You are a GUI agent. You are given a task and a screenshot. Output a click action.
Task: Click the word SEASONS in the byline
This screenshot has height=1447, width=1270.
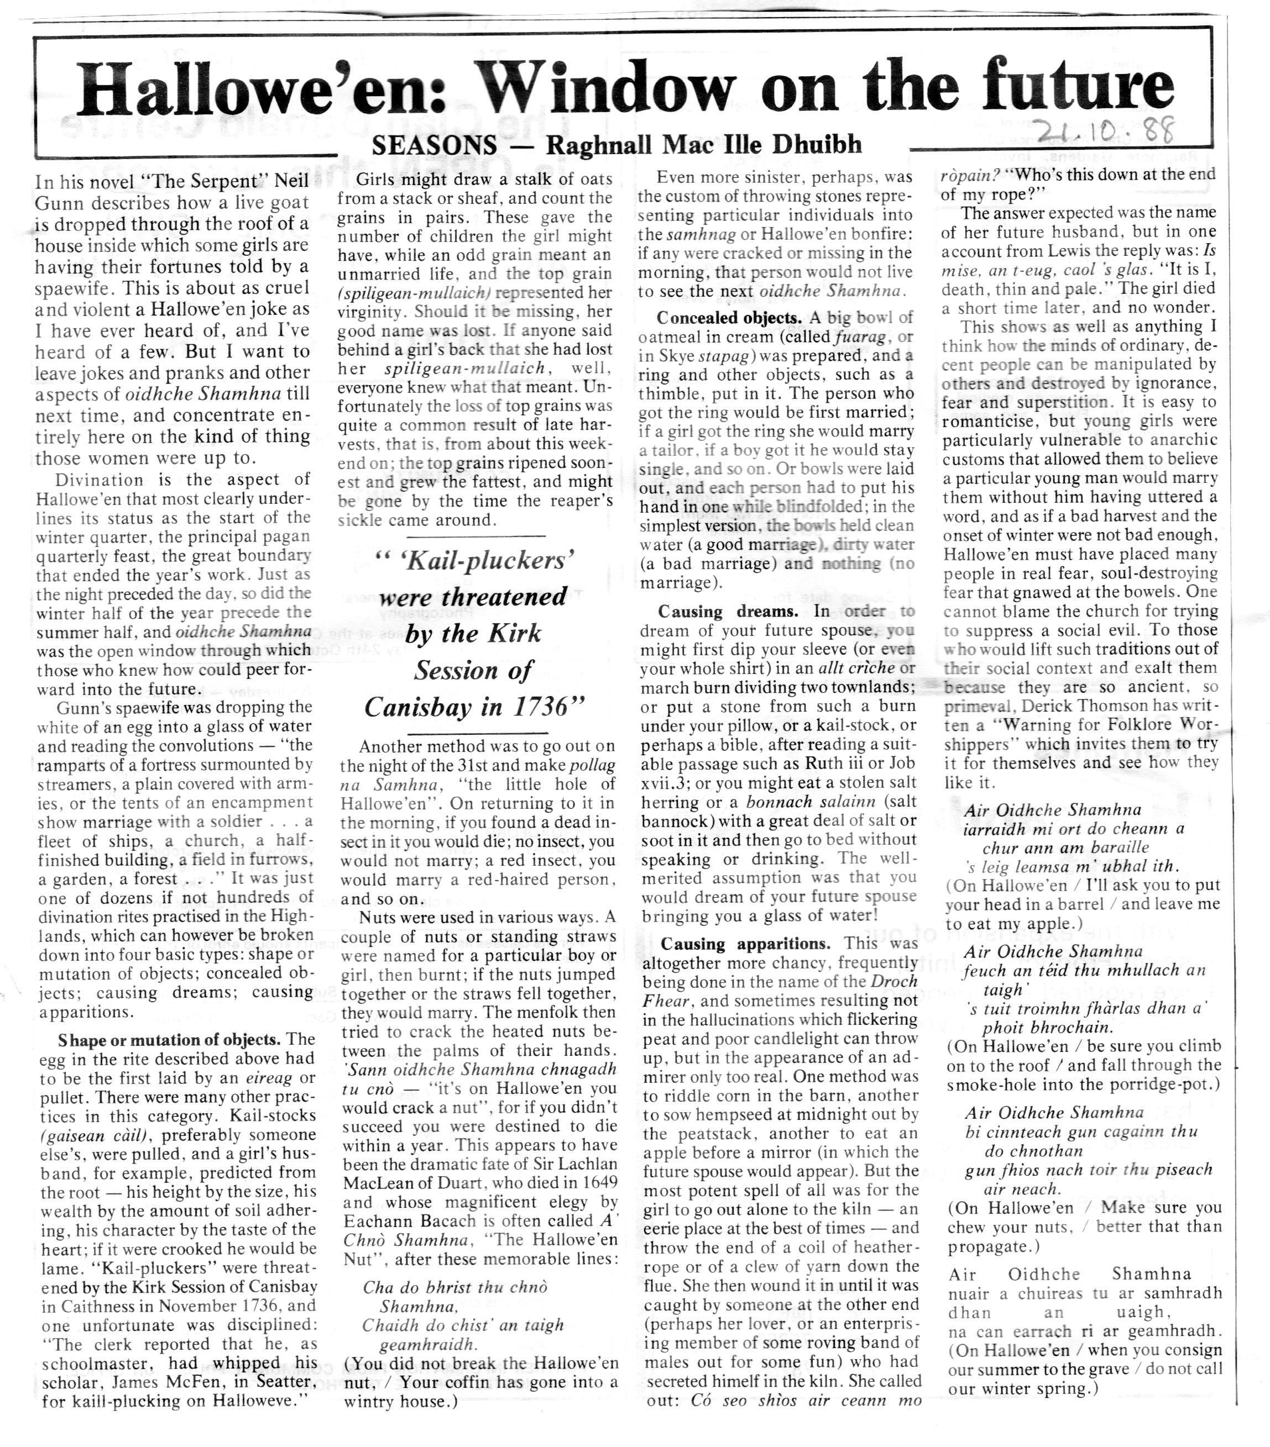point(433,146)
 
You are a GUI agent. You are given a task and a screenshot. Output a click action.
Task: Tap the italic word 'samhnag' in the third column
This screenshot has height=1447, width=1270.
point(693,234)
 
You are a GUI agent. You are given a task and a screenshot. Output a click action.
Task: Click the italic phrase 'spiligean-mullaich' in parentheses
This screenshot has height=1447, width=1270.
point(415,292)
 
